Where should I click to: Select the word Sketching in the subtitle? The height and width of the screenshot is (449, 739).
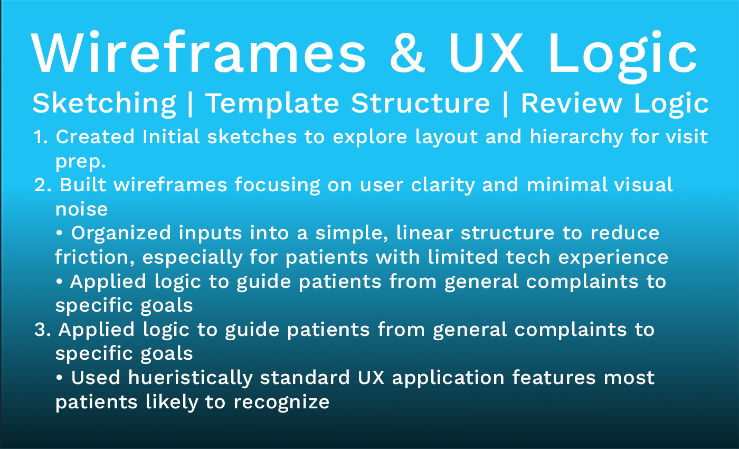tap(104, 103)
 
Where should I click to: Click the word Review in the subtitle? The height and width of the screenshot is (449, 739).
tap(571, 103)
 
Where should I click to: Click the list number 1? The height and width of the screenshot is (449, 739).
tap(40, 137)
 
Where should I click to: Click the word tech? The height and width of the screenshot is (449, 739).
tap(528, 257)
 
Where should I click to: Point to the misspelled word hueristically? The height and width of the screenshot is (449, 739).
tap(195, 378)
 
